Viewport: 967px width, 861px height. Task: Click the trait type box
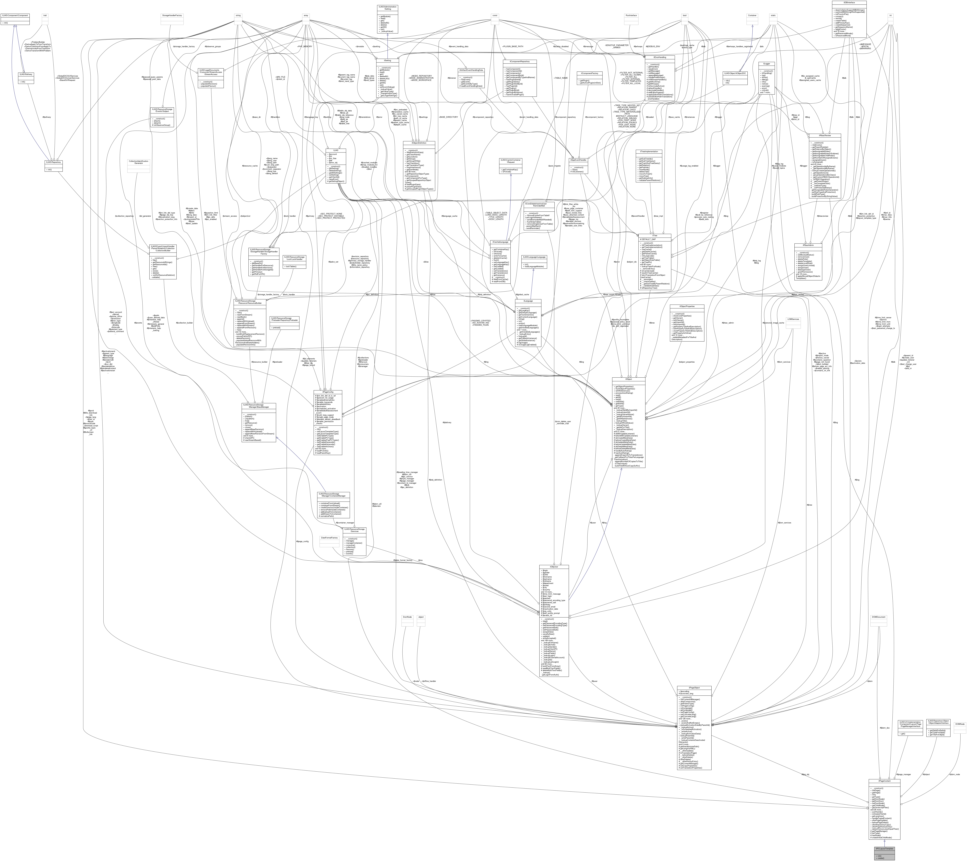(45, 16)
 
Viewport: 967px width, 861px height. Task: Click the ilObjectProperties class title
(686, 307)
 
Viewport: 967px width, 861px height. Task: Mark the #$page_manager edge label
(904, 774)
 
